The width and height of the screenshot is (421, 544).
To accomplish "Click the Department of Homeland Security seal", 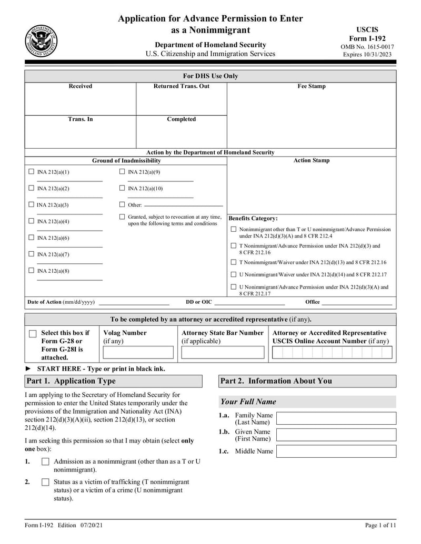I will click(x=41, y=41).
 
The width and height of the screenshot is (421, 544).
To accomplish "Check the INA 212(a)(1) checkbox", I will click(x=31, y=172).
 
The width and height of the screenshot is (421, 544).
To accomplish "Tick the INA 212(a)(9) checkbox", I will click(x=122, y=172).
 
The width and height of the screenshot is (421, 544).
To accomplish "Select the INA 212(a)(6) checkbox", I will click(x=31, y=238).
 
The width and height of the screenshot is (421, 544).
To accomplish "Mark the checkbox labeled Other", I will click(x=122, y=204).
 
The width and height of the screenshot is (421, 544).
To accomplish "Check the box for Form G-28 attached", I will click(x=33, y=334).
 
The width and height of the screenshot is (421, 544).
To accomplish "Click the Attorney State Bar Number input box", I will click(x=223, y=352).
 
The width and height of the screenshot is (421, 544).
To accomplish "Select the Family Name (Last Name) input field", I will click(x=336, y=418).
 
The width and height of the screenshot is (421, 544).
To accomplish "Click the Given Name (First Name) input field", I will click(x=336, y=435).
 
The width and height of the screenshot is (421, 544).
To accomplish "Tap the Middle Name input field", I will click(x=336, y=451).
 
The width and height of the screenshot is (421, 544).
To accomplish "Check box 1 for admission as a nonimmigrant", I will click(x=45, y=461).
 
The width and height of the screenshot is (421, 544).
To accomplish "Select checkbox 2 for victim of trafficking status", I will click(x=45, y=482).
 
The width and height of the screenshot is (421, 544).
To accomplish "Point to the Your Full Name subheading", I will click(x=248, y=402).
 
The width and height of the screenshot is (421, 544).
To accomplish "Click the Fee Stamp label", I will click(x=312, y=86).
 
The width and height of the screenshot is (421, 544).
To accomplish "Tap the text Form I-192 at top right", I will click(x=367, y=38).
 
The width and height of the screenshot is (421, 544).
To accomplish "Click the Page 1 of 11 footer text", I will click(x=380, y=525).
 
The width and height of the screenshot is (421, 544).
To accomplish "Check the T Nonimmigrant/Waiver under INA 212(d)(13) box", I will click(x=234, y=262).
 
